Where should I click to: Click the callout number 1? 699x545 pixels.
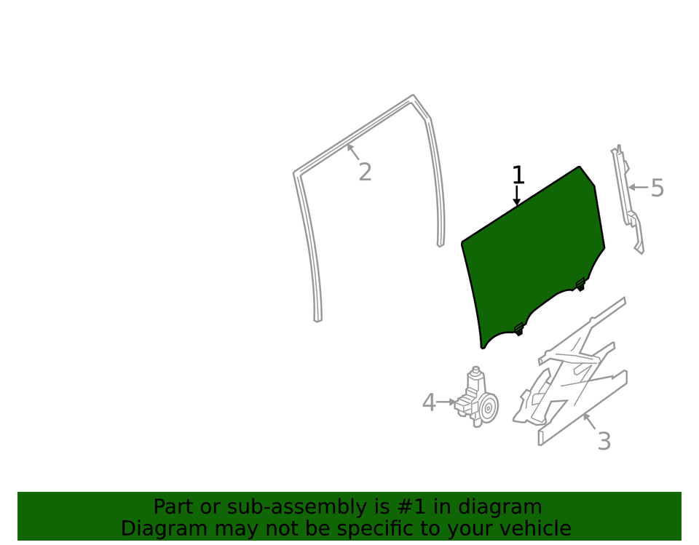click(518, 175)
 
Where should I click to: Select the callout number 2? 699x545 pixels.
click(365, 172)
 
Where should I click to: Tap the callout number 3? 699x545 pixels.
click(604, 441)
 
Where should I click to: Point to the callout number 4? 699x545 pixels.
click(429, 402)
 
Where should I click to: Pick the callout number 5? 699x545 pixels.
click(657, 188)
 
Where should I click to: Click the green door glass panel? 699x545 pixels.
click(533, 254)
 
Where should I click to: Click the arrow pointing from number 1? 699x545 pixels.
click(517, 195)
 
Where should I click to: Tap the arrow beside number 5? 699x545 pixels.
click(639, 187)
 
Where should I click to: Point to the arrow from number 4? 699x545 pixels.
click(446, 402)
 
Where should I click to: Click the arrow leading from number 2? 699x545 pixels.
click(353, 151)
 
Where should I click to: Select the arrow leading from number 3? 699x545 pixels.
click(590, 421)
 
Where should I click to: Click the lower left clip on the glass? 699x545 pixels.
click(518, 329)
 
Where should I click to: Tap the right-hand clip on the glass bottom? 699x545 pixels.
click(580, 284)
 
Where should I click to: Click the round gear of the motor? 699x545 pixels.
click(488, 407)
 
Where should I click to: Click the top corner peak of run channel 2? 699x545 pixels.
click(413, 96)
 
